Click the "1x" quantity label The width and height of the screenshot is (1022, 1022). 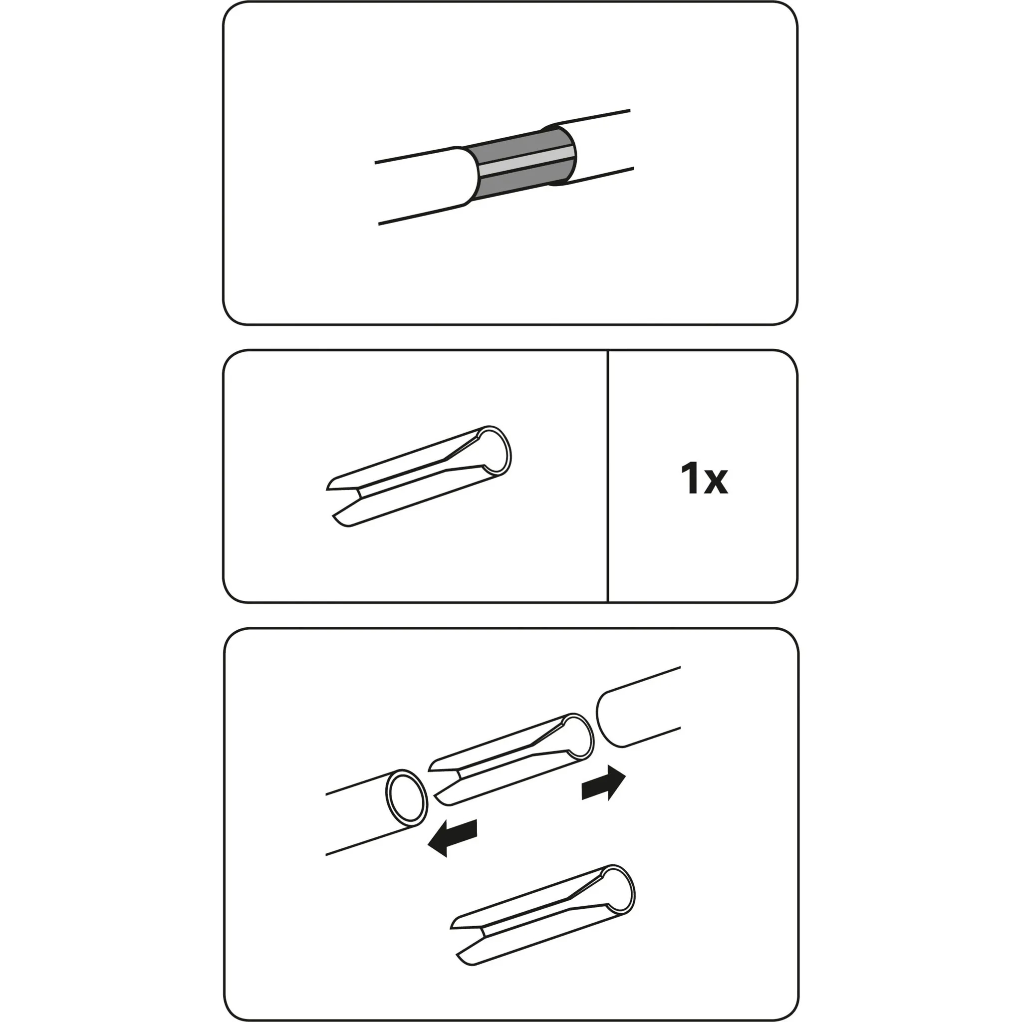pyautogui.click(x=704, y=478)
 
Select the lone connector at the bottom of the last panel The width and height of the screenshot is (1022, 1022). pyautogui.click(x=543, y=915)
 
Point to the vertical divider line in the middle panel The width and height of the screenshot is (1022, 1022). pyautogui.click(x=608, y=476)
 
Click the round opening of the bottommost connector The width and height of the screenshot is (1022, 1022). pyautogui.click(x=617, y=891)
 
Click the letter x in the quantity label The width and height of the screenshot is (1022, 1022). pyautogui.click(x=716, y=483)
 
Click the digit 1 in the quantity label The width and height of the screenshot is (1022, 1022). pyautogui.click(x=691, y=478)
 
